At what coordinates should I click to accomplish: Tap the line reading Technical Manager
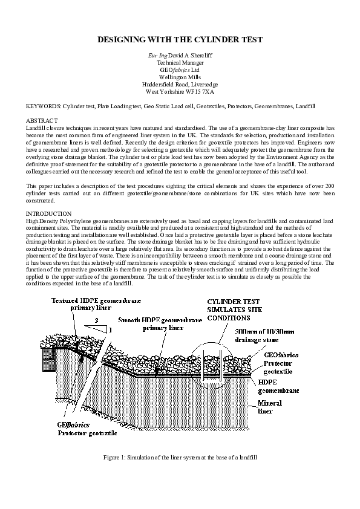[180, 62]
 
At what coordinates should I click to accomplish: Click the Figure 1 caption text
[180, 459]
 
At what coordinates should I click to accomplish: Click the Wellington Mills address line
[180, 77]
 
